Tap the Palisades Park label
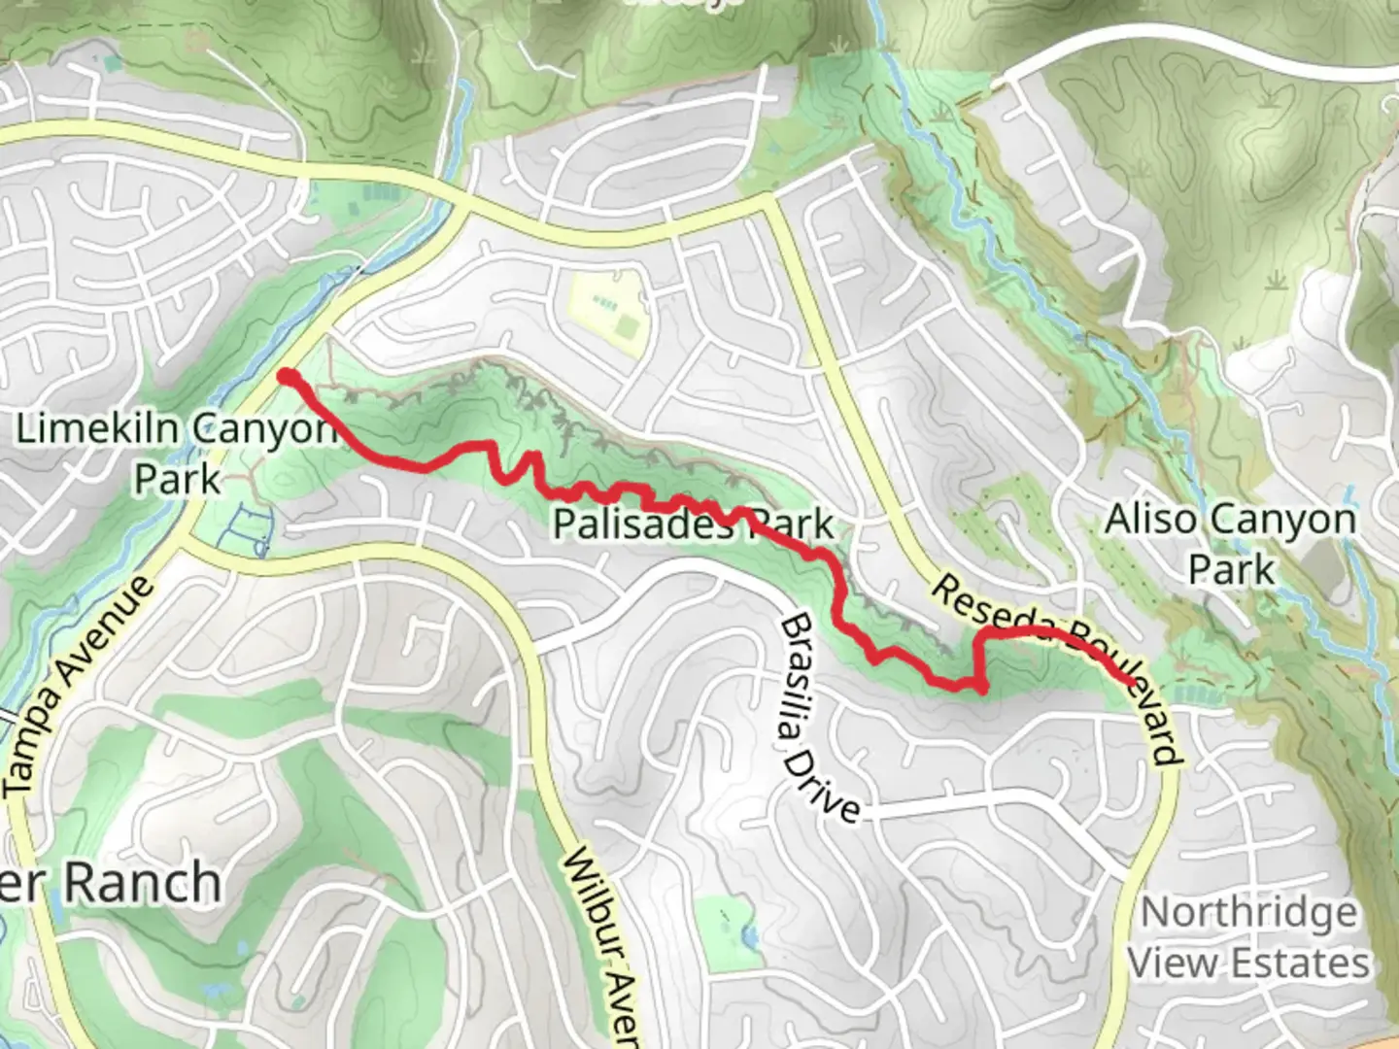[693, 524]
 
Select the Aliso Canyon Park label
[1230, 544]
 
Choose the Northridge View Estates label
[1248, 938]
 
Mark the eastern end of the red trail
[1132, 682]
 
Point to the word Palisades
[642, 524]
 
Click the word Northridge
[1248, 913]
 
